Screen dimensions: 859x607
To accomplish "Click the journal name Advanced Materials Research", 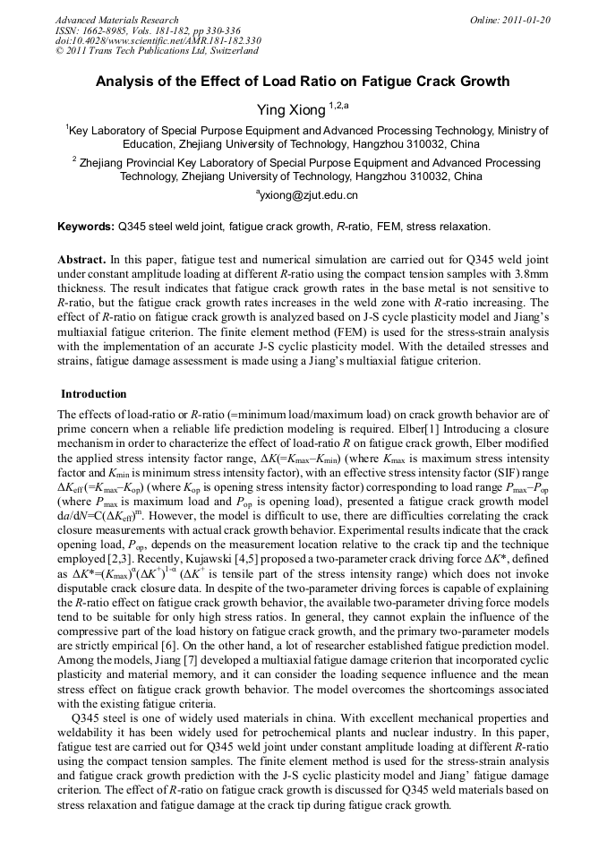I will tap(116, 20).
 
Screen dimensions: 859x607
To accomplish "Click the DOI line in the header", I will tap(158, 40).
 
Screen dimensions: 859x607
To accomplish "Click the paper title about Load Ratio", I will tap(303, 82).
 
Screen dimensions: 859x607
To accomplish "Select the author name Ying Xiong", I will tap(289, 110).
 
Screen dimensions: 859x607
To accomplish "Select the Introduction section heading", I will tap(94, 394).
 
